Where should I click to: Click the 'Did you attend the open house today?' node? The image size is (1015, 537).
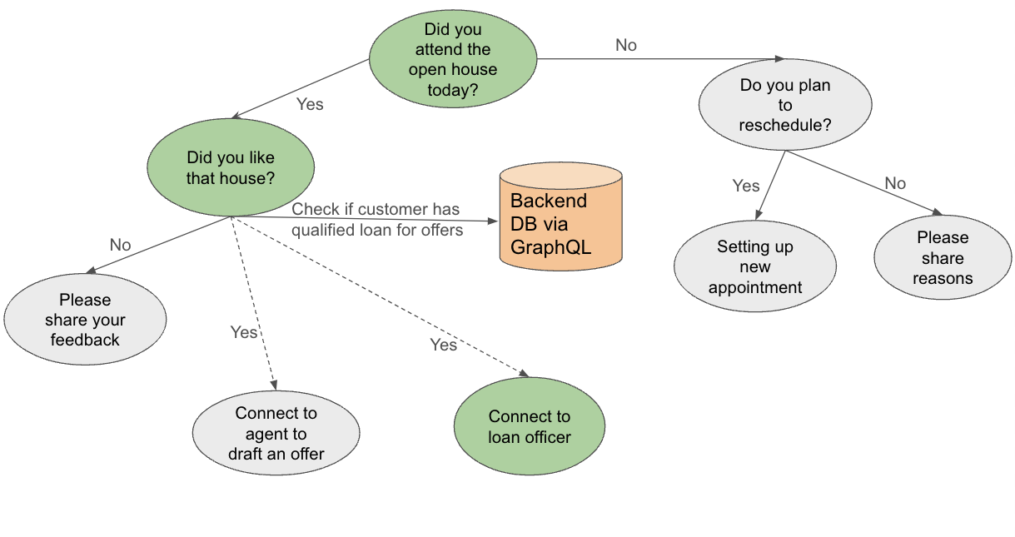coord(453,59)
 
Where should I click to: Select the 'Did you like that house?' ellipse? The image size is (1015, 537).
coord(231,167)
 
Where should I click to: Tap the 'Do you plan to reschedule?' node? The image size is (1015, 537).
coord(785,105)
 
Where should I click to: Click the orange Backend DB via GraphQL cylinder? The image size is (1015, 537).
coord(561,216)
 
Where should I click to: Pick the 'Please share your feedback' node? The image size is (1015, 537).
coord(85,320)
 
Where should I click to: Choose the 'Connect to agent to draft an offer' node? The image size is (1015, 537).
coord(276,433)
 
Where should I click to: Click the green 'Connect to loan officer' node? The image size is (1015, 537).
coord(530,426)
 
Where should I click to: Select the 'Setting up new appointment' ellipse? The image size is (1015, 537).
coord(755,266)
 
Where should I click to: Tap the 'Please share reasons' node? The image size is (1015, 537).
coord(943,257)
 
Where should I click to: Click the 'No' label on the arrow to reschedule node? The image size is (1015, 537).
coord(626,45)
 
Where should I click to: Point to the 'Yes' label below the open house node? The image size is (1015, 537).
coord(310,104)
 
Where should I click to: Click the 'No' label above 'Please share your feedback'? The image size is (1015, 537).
coord(120,245)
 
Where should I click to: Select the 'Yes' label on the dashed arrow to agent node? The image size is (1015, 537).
coord(244,332)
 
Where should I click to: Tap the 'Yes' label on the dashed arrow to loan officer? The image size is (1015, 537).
coord(443,345)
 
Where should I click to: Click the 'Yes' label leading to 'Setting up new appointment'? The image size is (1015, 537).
coord(746,186)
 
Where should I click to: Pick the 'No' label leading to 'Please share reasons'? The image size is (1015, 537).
coord(895,183)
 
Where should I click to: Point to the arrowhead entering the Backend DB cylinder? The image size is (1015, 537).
coord(493,221)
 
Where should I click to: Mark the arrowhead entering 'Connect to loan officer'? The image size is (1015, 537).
coord(525,374)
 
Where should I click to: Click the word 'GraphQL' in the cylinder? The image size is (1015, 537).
coord(550,247)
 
